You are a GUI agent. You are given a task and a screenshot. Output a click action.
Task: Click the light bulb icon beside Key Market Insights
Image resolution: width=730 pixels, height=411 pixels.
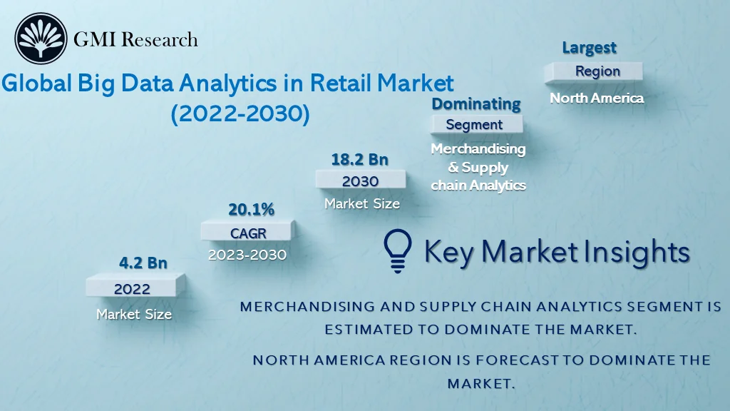(x=398, y=251)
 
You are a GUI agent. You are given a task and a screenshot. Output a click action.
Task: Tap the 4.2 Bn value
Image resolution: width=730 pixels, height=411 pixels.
(x=143, y=263)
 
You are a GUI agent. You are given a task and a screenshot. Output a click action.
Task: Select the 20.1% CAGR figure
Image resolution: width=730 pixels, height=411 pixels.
(x=251, y=209)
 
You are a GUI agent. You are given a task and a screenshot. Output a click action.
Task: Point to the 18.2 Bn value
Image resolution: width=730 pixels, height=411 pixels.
(x=359, y=158)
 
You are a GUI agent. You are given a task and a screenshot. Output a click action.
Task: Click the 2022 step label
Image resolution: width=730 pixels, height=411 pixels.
(x=132, y=288)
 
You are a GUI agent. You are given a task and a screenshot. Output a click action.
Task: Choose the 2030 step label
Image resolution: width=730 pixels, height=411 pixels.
(x=360, y=181)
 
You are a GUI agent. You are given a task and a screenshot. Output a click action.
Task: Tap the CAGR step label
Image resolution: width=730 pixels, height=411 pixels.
(x=247, y=233)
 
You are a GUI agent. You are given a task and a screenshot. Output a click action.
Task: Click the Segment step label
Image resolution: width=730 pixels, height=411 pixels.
(x=474, y=124)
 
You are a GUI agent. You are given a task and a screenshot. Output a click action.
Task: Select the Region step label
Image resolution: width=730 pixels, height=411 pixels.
(x=597, y=71)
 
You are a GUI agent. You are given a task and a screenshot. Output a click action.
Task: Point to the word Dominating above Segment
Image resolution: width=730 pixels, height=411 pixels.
(x=476, y=103)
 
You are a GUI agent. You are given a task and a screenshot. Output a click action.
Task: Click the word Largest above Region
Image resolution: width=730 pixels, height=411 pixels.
(x=589, y=48)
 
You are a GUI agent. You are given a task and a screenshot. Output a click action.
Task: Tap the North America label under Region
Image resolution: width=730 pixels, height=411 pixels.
(x=597, y=98)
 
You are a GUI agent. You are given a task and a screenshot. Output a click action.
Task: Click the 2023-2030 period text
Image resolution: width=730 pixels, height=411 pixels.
(x=247, y=255)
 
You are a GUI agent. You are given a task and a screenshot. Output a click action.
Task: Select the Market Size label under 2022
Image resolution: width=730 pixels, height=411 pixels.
(x=134, y=313)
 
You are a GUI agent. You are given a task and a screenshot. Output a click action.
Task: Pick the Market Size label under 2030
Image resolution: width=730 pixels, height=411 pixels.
(x=362, y=203)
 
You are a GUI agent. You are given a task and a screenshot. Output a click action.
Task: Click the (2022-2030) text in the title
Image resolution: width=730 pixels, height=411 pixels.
(x=240, y=114)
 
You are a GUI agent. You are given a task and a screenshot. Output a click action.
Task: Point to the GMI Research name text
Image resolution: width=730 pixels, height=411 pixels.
(x=135, y=39)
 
